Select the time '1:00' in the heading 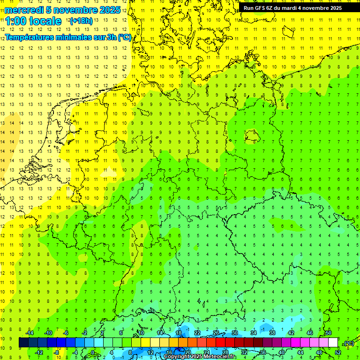[x=17, y=21]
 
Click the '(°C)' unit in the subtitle [x=125, y=37]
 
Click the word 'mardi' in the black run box [x=295, y=8]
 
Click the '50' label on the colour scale [x=328, y=333]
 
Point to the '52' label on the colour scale [x=337, y=352]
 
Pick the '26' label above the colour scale [x=216, y=333]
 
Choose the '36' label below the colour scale [x=262, y=352]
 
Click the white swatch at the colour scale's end [x=333, y=342]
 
